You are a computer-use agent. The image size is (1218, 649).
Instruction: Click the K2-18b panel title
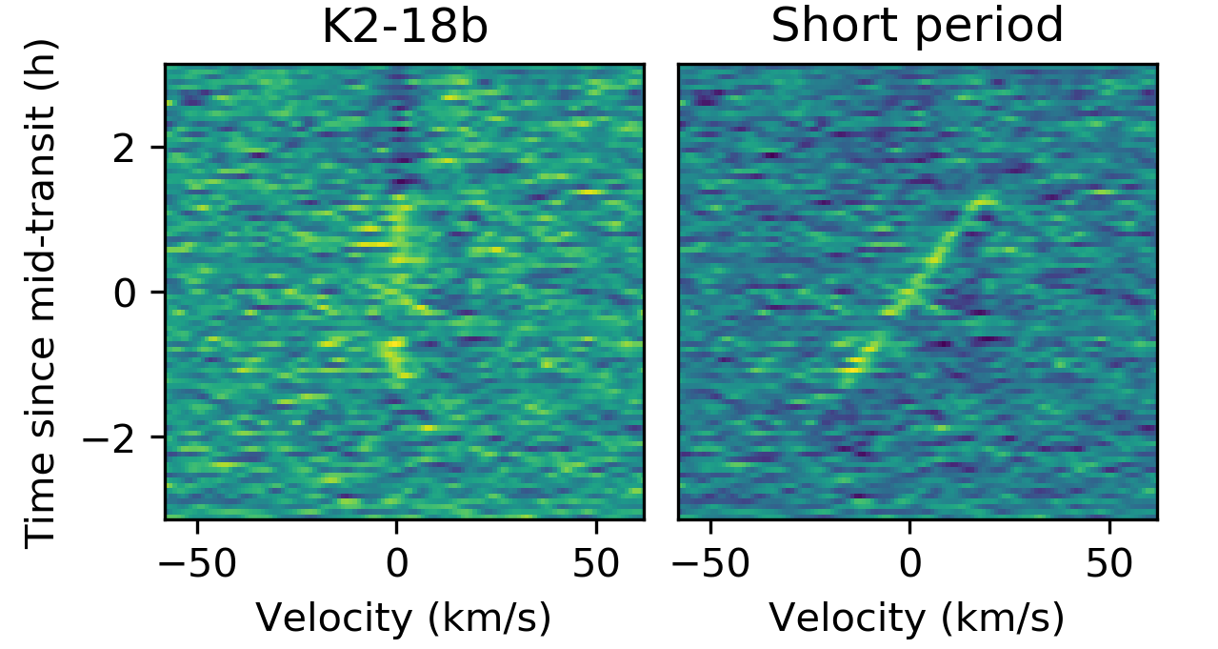tap(405, 28)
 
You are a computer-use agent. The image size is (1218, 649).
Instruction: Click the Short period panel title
tap(916, 28)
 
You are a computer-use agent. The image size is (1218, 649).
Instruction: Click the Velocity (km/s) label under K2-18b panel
tap(404, 619)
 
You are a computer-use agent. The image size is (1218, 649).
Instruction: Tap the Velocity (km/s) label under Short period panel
tap(917, 619)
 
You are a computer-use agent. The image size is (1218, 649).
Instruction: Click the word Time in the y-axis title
tap(39, 514)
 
